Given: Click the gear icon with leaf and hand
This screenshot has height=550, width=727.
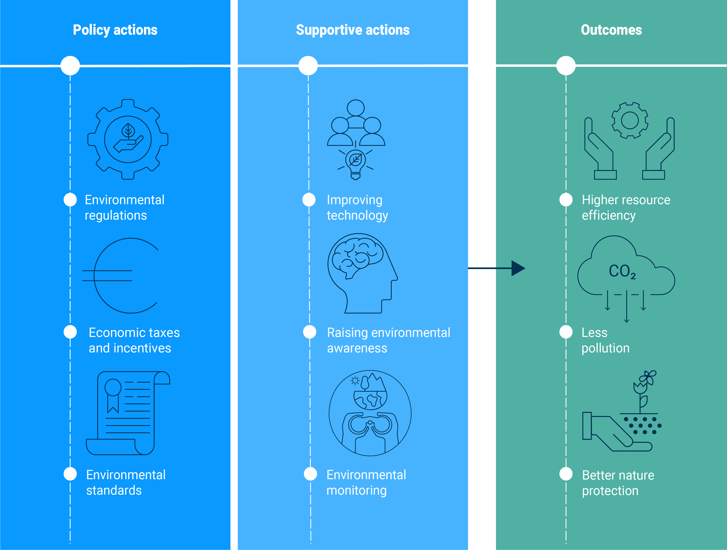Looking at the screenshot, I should pos(128,140).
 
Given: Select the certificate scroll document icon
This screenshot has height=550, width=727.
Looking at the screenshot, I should pos(128,413).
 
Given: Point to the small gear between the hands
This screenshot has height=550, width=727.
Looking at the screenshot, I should pos(630,120).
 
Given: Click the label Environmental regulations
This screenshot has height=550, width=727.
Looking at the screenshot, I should pos(125,207).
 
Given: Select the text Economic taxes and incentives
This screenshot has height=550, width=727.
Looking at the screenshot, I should pos(134,340).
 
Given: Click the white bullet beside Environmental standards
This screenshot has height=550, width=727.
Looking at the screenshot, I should pos(70,474).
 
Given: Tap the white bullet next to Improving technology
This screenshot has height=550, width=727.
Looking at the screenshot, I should pos(309,200).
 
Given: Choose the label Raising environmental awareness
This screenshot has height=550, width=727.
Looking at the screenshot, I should pos(388,340).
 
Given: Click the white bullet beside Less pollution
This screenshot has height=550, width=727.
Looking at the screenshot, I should pos(566,332).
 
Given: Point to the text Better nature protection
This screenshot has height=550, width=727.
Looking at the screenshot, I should pos(618,483).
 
